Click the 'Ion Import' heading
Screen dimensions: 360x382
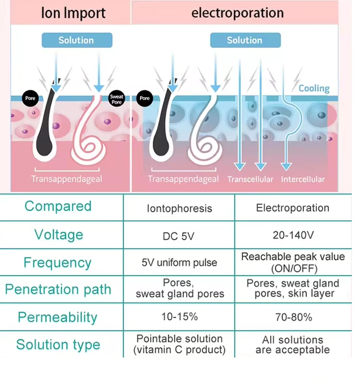click(73, 13)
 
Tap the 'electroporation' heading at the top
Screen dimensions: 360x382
click(238, 12)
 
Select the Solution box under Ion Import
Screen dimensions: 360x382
click(77, 40)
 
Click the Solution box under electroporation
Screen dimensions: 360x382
click(245, 40)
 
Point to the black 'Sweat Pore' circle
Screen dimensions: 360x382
click(117, 98)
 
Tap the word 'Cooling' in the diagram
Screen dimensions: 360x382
click(314, 88)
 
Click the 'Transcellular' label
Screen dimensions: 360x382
click(250, 179)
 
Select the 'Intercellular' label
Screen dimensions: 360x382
click(303, 179)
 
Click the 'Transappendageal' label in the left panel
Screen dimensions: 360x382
click(67, 179)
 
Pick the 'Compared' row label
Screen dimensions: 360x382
click(58, 206)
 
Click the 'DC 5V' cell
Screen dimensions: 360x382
click(179, 236)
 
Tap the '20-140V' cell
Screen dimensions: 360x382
click(293, 235)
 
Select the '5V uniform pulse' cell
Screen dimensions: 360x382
click(180, 263)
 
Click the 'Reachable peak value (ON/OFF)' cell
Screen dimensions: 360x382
click(293, 263)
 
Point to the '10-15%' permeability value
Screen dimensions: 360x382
click(180, 317)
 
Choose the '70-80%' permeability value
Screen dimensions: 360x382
click(294, 317)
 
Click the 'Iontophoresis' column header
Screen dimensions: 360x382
click(180, 209)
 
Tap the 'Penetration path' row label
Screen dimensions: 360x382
click(58, 289)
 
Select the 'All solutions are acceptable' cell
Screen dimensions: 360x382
click(293, 345)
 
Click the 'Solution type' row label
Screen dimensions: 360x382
click(58, 345)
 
